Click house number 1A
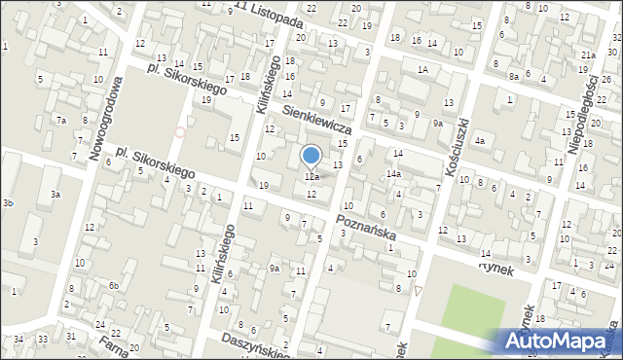tap(422, 70)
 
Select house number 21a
tap(588, 56)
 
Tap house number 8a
tap(513, 75)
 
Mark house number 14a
tap(393, 174)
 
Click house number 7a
tap(60, 120)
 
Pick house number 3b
tap(8, 202)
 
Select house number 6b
tap(114, 285)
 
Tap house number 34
tap(18, 339)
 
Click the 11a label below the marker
tap(311, 177)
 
